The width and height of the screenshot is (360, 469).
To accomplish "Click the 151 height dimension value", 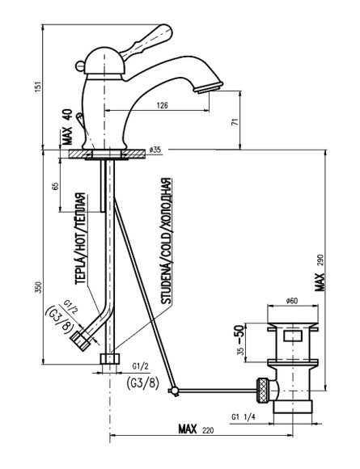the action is point(38,87).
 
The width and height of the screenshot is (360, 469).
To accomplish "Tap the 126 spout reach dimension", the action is point(163,105).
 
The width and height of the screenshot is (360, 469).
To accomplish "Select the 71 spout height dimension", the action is point(235,122).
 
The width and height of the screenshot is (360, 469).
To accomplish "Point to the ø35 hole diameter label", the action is point(155,150).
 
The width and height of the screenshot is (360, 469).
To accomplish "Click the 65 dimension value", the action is point(56,186).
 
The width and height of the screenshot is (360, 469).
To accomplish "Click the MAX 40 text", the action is point(68,126).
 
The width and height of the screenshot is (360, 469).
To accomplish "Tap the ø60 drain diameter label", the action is point(292,301).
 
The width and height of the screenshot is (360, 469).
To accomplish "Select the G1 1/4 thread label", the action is point(244,417).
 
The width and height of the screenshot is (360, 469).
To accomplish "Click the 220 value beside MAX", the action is point(208,430).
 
